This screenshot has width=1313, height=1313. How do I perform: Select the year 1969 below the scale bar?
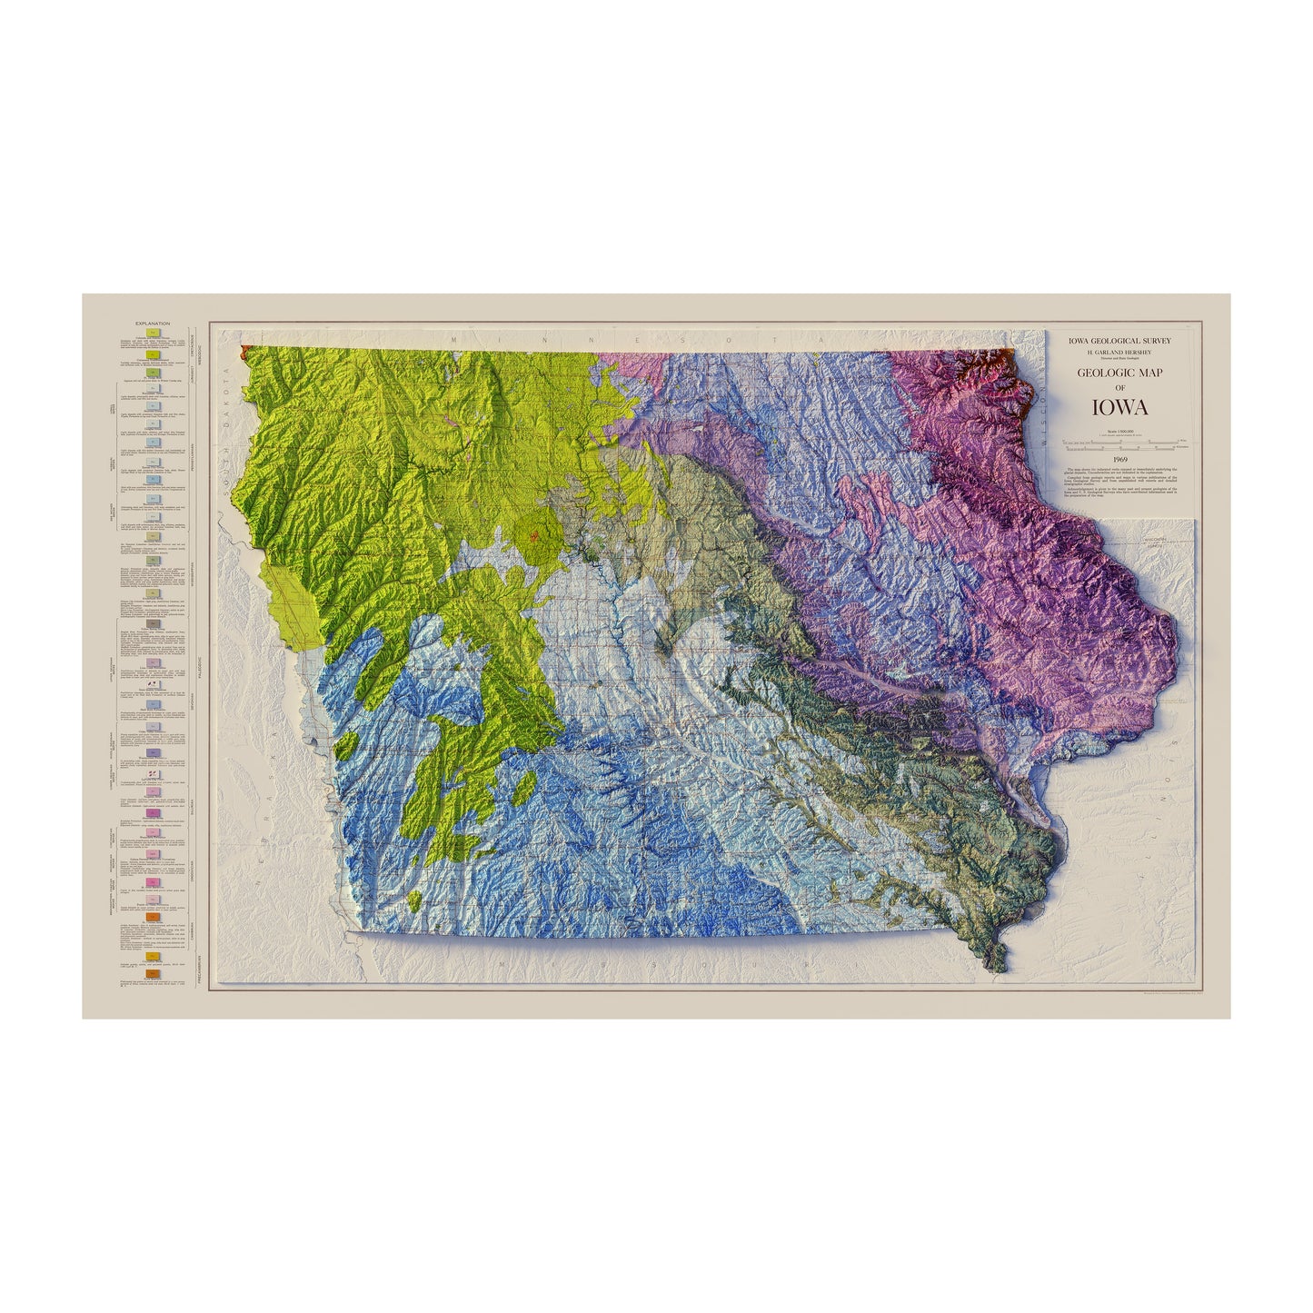[x=1119, y=459]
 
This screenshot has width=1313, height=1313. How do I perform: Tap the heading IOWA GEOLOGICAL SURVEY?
[x=1119, y=341]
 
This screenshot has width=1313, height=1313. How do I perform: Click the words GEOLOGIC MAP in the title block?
[x=1119, y=373]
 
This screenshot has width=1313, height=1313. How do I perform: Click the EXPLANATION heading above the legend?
[x=153, y=323]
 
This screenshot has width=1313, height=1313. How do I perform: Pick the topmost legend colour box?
[x=154, y=333]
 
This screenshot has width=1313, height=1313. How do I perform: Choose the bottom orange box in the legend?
[x=154, y=974]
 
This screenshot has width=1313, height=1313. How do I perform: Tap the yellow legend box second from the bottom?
[x=154, y=956]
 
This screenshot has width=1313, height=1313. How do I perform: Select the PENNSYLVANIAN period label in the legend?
[x=197, y=454]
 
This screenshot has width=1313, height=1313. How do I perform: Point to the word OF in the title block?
[x=1119, y=388]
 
